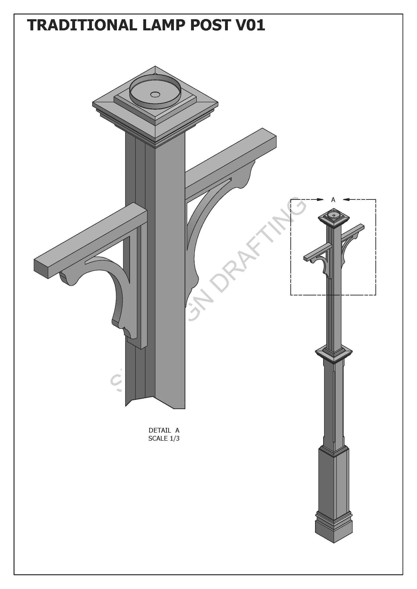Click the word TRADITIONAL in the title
(x=82, y=25)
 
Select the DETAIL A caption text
(x=164, y=430)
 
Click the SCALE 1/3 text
(x=164, y=438)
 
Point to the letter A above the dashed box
(x=333, y=200)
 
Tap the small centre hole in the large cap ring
(x=155, y=95)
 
